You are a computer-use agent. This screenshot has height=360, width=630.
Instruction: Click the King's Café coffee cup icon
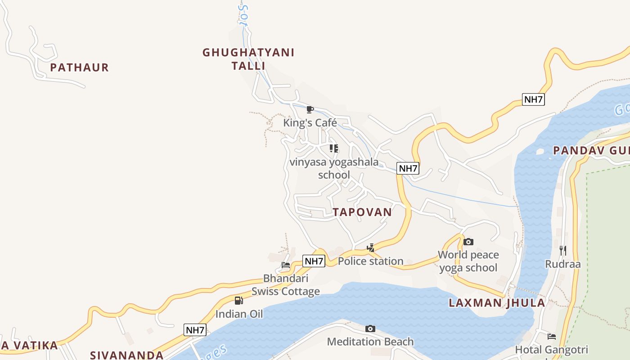click(x=310, y=109)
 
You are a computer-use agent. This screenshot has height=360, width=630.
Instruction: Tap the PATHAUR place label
click(x=79, y=67)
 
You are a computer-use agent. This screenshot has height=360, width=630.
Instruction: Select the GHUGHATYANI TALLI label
click(x=248, y=59)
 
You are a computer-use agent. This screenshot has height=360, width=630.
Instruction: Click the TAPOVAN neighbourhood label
click(x=362, y=212)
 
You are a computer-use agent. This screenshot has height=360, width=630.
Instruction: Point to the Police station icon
click(x=370, y=247)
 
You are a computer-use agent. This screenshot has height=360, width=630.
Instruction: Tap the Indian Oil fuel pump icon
click(x=238, y=300)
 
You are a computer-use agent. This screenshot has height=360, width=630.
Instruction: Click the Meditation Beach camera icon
click(x=370, y=328)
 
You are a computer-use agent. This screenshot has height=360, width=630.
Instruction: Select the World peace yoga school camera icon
click(x=468, y=242)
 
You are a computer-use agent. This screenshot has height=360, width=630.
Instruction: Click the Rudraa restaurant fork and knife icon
click(x=563, y=250)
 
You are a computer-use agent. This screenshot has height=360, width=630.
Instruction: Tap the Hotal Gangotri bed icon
click(x=551, y=337)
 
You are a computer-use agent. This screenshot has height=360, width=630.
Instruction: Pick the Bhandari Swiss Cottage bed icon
click(x=285, y=265)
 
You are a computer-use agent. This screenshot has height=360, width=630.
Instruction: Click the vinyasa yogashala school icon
click(x=333, y=148)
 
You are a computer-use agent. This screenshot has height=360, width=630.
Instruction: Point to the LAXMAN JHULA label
click(x=497, y=303)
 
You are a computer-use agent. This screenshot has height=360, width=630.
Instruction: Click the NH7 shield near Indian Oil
click(x=195, y=330)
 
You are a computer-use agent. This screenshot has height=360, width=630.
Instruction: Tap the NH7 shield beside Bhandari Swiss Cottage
click(x=314, y=261)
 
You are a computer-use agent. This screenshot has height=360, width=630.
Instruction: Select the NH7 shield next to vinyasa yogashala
click(x=408, y=168)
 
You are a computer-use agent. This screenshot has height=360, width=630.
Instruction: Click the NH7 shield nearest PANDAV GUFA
click(x=533, y=99)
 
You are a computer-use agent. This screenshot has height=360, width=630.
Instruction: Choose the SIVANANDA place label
click(x=127, y=355)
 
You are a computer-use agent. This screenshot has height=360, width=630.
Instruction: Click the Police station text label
click(x=370, y=261)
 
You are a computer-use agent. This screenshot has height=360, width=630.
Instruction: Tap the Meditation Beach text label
click(x=370, y=342)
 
